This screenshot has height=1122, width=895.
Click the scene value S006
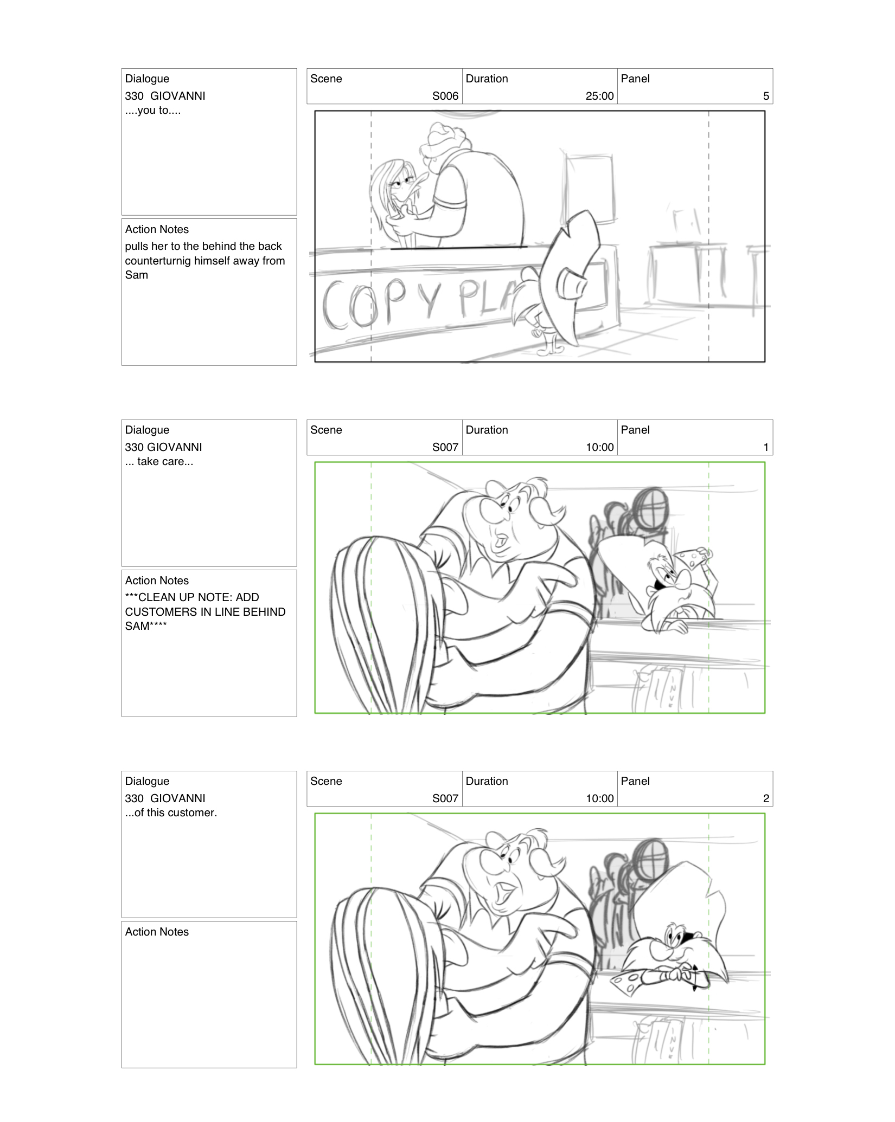click(x=445, y=96)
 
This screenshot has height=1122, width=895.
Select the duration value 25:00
click(x=599, y=96)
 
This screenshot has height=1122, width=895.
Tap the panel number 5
click(x=766, y=96)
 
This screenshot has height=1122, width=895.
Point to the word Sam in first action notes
click(x=136, y=275)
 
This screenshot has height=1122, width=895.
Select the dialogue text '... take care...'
click(x=159, y=461)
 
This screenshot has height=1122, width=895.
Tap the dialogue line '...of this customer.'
click(x=171, y=813)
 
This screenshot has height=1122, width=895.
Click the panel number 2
click(x=766, y=798)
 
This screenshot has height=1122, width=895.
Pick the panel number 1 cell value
click(x=766, y=447)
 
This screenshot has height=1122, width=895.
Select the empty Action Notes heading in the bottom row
click(x=157, y=932)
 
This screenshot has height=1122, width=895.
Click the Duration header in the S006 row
click(x=487, y=79)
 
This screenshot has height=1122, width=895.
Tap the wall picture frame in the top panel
click(x=590, y=187)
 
